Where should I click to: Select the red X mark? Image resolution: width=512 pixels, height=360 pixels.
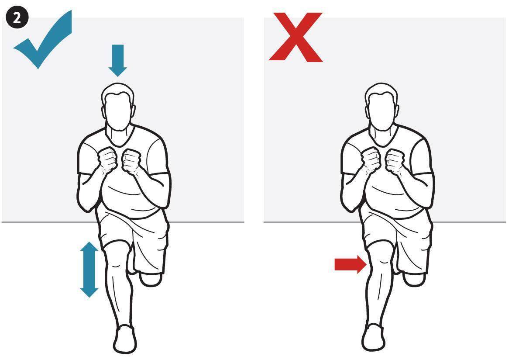pos(296,37)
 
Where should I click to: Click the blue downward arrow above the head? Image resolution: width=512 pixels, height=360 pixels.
pos(117,60)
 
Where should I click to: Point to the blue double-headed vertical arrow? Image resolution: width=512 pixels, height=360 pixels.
pos(89,269)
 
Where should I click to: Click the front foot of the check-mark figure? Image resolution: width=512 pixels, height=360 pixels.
pos(125,339)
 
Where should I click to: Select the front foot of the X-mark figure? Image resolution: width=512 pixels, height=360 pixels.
pos(374,337)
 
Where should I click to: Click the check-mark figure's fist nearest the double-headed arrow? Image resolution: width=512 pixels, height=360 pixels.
pos(107,159)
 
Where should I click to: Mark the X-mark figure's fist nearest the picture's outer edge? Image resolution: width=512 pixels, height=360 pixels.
pos(395,160)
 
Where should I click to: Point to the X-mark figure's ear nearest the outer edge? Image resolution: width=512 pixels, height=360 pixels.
pos(397,111)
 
